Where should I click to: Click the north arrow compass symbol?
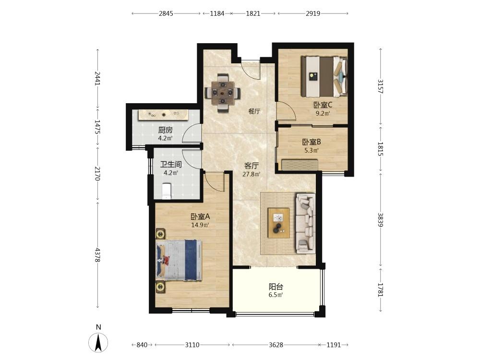pyautogui.click(x=98, y=342)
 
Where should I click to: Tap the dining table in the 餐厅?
pyautogui.click(x=223, y=92)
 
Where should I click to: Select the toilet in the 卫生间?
pyautogui.click(x=166, y=191)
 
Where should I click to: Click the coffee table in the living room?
pyautogui.click(x=278, y=223)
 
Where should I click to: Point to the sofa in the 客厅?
pyautogui.click(x=305, y=224)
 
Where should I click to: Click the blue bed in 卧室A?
pyautogui.click(x=179, y=260)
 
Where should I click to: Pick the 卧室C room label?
pyautogui.click(x=323, y=105)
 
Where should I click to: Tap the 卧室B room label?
pyautogui.click(x=312, y=142)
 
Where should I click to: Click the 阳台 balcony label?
pyautogui.click(x=276, y=287)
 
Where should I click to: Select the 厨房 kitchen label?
pyautogui.click(x=165, y=130)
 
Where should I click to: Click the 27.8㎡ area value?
pyautogui.click(x=252, y=175)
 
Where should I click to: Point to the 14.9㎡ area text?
pyautogui.click(x=200, y=225)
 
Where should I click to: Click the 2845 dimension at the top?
pyautogui.click(x=166, y=13)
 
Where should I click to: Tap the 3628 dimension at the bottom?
pyautogui.click(x=276, y=345)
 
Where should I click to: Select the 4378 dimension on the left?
pyautogui.click(x=97, y=255)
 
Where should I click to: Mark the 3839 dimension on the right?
pyautogui.click(x=381, y=220)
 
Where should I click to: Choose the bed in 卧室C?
pyautogui.click(x=324, y=76)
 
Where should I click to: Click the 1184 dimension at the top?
pyautogui.click(x=217, y=13)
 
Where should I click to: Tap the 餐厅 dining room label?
pyautogui.click(x=254, y=111)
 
